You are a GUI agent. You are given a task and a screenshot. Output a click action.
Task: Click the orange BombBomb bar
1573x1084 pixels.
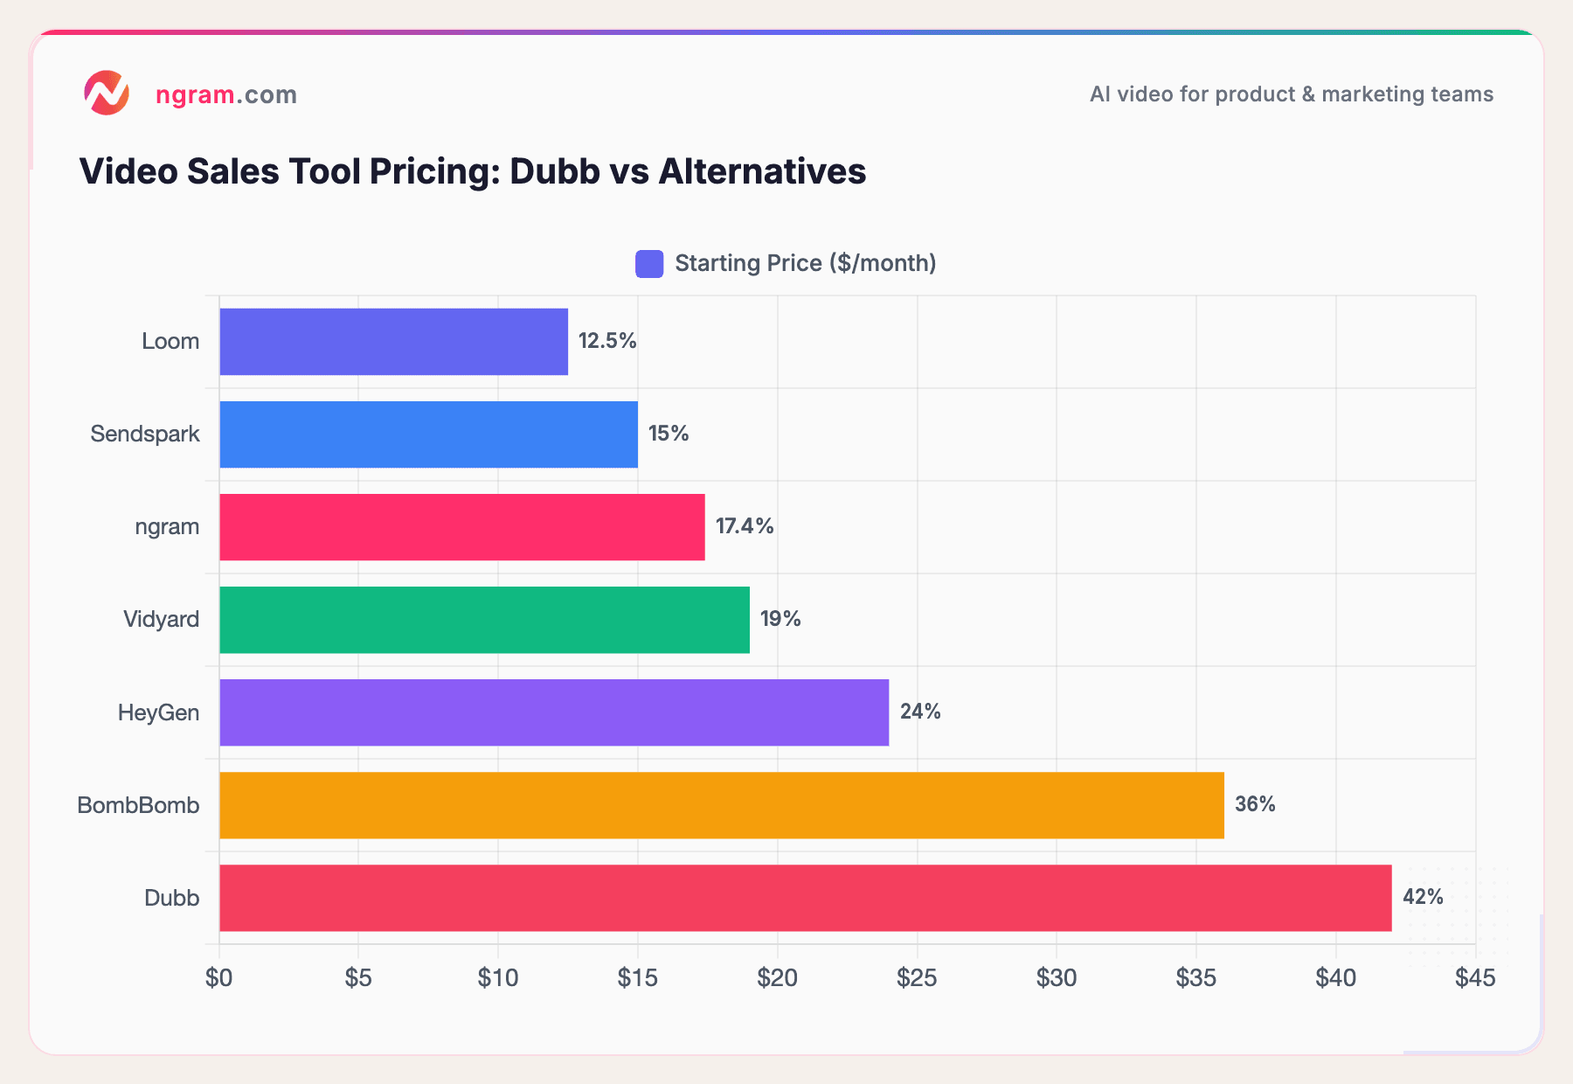pyautogui.click(x=721, y=805)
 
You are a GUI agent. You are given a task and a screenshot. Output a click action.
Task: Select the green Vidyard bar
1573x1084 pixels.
pyautogui.click(x=484, y=620)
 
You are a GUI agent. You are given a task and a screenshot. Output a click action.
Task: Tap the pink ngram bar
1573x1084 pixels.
pyautogui.click(x=461, y=527)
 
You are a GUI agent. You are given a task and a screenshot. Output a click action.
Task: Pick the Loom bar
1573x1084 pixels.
pyautogui.click(x=393, y=342)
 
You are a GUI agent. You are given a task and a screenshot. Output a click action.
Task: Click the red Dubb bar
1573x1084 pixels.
pyautogui.click(x=805, y=898)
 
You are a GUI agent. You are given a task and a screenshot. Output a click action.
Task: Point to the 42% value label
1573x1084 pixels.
pyautogui.click(x=1423, y=897)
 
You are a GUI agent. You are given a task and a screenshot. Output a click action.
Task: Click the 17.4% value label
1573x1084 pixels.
pyautogui.click(x=745, y=526)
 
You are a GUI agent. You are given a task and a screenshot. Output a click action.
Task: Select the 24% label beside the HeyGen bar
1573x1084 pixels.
pyautogui.click(x=920, y=712)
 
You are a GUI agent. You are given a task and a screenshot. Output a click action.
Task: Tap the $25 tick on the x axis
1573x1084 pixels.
pyautogui.click(x=917, y=978)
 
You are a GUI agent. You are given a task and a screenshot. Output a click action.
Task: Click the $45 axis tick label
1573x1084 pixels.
pyautogui.click(x=1475, y=978)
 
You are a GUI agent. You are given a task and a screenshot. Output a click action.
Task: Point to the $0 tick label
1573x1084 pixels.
pyautogui.click(x=218, y=978)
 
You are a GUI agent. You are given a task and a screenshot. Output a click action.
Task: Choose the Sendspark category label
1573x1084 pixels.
pyautogui.click(x=145, y=434)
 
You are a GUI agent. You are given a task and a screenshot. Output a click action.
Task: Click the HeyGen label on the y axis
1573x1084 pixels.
pyautogui.click(x=158, y=712)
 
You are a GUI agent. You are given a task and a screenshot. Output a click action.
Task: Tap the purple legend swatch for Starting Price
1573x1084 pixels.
pyautogui.click(x=649, y=264)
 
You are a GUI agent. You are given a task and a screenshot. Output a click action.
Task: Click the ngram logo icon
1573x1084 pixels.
pyautogui.click(x=107, y=94)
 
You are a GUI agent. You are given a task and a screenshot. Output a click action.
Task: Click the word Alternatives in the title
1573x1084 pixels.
pyautogui.click(x=762, y=171)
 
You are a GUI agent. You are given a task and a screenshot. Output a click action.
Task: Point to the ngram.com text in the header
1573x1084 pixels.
pyautogui.click(x=225, y=94)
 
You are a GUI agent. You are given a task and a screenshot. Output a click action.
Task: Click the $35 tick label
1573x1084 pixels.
pyautogui.click(x=1195, y=978)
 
